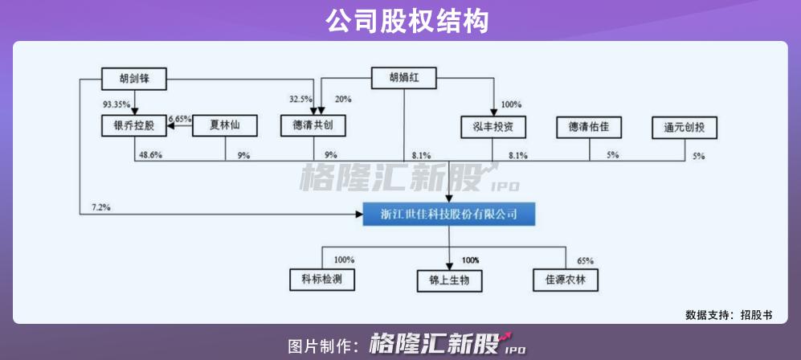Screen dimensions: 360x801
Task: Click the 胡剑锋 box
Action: (x=135, y=79)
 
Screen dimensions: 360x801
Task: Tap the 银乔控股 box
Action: (x=133, y=125)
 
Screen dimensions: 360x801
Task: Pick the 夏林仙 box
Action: (x=225, y=125)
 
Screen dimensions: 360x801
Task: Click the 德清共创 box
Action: (x=313, y=126)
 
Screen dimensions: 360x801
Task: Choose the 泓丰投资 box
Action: (x=494, y=127)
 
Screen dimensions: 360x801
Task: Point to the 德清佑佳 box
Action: (x=589, y=126)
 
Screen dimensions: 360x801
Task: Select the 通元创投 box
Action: (x=684, y=127)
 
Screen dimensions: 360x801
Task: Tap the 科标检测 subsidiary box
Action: (x=322, y=280)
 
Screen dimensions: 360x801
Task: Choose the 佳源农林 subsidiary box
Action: (x=566, y=280)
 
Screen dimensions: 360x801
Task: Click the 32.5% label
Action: (x=301, y=99)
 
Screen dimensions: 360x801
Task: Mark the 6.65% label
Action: (x=179, y=119)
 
